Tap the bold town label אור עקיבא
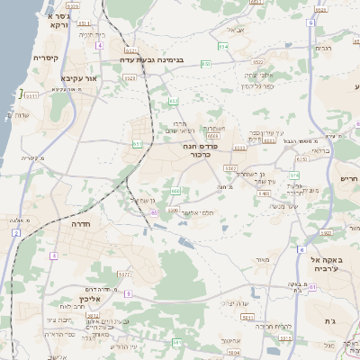pos(78,77)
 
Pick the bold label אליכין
pos(71,298)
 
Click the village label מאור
pos(262,261)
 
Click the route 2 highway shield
pos(15,233)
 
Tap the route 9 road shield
pos(128,293)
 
